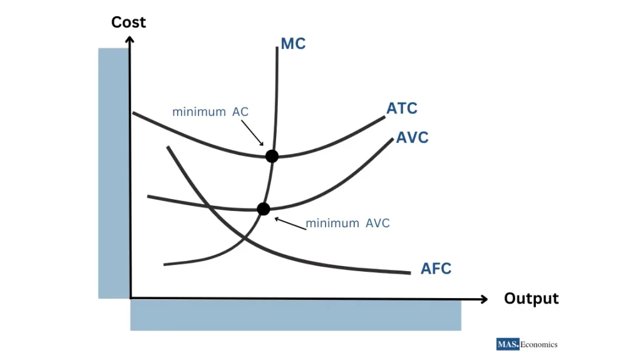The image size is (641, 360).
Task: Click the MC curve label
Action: [293, 44]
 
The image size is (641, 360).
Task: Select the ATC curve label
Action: [402, 108]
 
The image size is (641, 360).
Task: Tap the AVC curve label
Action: [413, 138]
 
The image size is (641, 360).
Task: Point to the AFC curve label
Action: [436, 269]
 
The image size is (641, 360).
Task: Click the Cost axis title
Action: [128, 22]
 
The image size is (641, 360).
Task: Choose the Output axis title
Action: [531, 299]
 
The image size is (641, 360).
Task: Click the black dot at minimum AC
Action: [272, 156]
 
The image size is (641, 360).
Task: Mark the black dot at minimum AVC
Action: [264, 209]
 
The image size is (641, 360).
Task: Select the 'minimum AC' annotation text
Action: [210, 112]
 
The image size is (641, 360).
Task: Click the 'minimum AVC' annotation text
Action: [347, 223]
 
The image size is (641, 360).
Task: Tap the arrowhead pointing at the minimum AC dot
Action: [262, 144]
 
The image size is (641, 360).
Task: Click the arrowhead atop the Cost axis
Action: [130, 39]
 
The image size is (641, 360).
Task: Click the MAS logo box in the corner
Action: [508, 344]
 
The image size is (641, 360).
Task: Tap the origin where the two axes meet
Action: [130, 298]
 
